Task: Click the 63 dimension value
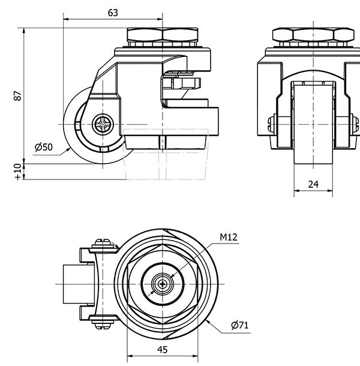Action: pyautogui.click(x=112, y=13)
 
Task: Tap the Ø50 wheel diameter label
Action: pyautogui.click(x=44, y=148)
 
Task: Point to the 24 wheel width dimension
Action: pyautogui.click(x=313, y=185)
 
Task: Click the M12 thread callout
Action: pyautogui.click(x=229, y=238)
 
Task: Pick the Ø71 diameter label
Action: pyautogui.click(x=239, y=326)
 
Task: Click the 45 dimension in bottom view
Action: pyautogui.click(x=162, y=350)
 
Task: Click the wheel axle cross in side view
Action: pyautogui.click(x=103, y=125)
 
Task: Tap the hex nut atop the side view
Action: pyautogui.click(x=163, y=35)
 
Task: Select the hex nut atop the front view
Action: pyautogui.click(x=311, y=35)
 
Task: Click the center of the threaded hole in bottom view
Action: pyautogui.click(x=162, y=284)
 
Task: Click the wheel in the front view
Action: pyautogui.click(x=313, y=126)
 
